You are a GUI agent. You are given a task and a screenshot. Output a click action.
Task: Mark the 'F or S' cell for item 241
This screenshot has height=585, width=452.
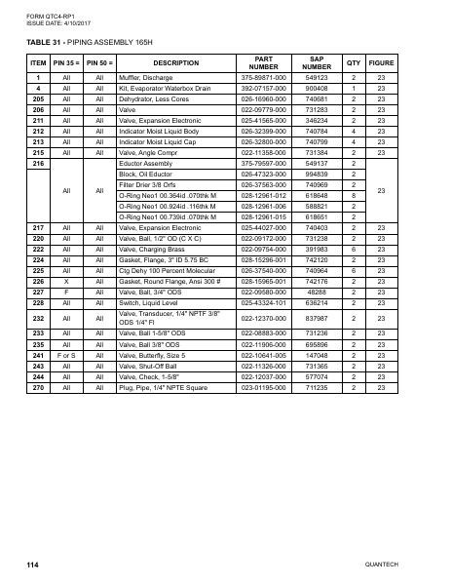pyautogui.click(x=66, y=355)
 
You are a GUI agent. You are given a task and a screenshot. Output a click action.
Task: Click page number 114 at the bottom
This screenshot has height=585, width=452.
pyautogui.click(x=32, y=565)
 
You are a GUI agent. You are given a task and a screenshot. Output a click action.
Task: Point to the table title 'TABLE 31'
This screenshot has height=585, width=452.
pyautogui.click(x=44, y=44)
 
